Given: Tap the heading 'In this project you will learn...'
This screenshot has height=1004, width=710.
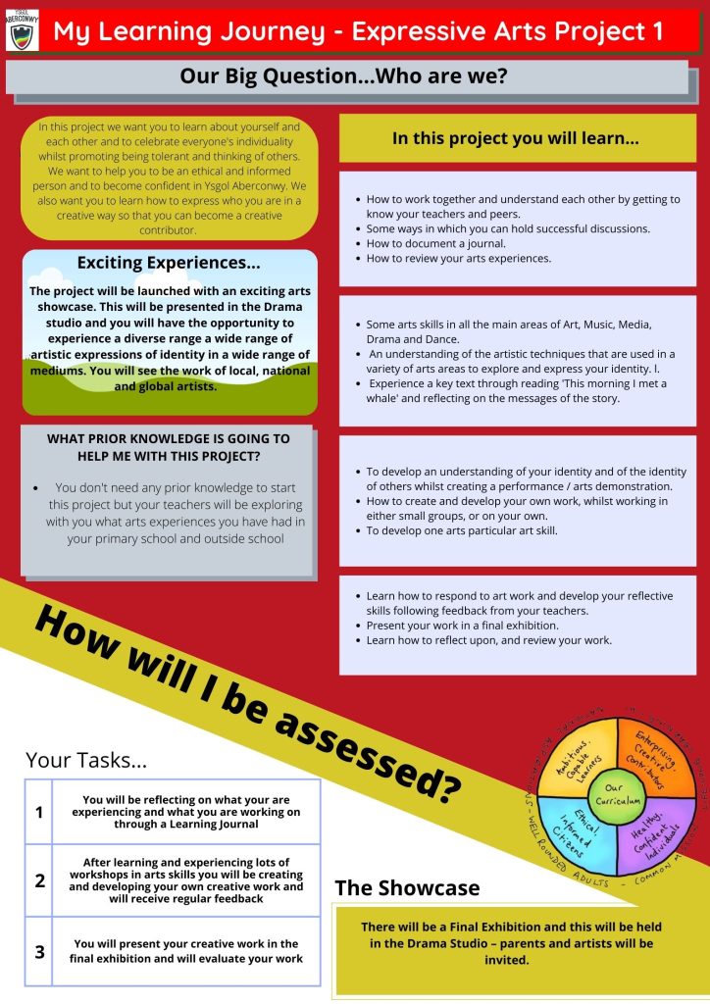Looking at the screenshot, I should pyautogui.click(x=516, y=138).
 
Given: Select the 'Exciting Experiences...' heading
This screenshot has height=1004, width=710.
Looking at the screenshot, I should pyautogui.click(x=169, y=263).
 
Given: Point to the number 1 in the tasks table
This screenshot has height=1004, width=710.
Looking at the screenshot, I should pyautogui.click(x=39, y=812).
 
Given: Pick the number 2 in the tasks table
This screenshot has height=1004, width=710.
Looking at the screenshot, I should pyautogui.click(x=39, y=880).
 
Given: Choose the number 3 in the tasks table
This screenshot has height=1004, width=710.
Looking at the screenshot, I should pyautogui.click(x=39, y=951).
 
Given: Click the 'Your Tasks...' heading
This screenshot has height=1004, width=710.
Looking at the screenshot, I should pyautogui.click(x=86, y=760).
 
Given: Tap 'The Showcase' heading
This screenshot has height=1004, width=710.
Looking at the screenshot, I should pyautogui.click(x=407, y=887).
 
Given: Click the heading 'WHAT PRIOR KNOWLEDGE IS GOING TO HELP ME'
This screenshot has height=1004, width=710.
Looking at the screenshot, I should pyautogui.click(x=168, y=447).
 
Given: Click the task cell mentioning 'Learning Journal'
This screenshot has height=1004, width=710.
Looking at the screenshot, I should pyautogui.click(x=185, y=812).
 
